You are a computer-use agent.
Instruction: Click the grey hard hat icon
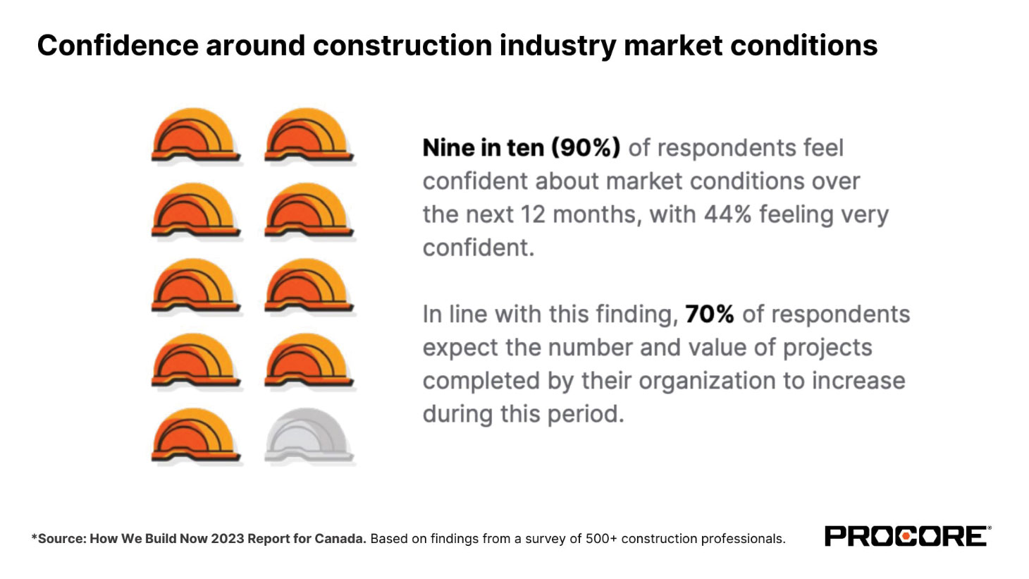[309, 435]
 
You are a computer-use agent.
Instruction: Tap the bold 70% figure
[709, 314]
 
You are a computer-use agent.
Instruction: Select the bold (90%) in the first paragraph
[585, 148]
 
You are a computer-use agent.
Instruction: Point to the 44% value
[727, 214]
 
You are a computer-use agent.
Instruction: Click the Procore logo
[907, 537]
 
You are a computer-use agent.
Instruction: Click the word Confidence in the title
[118, 45]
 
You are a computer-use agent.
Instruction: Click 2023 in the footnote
[228, 539]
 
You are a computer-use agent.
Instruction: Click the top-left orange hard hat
[195, 135]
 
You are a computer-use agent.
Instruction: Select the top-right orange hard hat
[309, 135]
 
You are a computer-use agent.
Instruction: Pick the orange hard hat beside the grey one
[195, 435]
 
